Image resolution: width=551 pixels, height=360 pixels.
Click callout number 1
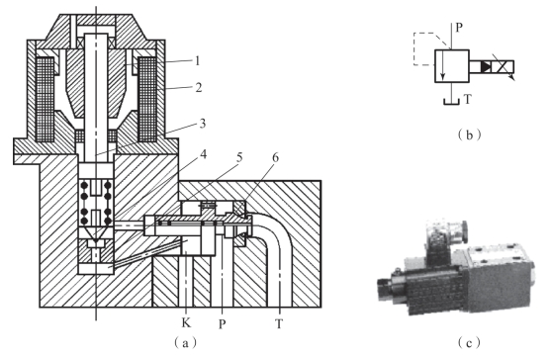coord(198,60)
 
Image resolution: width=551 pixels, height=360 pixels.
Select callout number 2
coord(199,87)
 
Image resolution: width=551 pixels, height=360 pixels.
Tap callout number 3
coord(203,124)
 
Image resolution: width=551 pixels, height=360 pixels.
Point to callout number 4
coord(204,154)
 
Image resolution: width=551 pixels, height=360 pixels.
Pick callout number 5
coord(240,157)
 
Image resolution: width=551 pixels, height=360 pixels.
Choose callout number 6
coord(275,157)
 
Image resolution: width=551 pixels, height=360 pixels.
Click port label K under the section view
coord(186,322)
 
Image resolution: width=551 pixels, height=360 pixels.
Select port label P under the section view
coord(222,323)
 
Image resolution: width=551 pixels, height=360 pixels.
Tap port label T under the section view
coord(279,323)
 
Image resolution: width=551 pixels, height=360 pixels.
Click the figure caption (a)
coord(186,343)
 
